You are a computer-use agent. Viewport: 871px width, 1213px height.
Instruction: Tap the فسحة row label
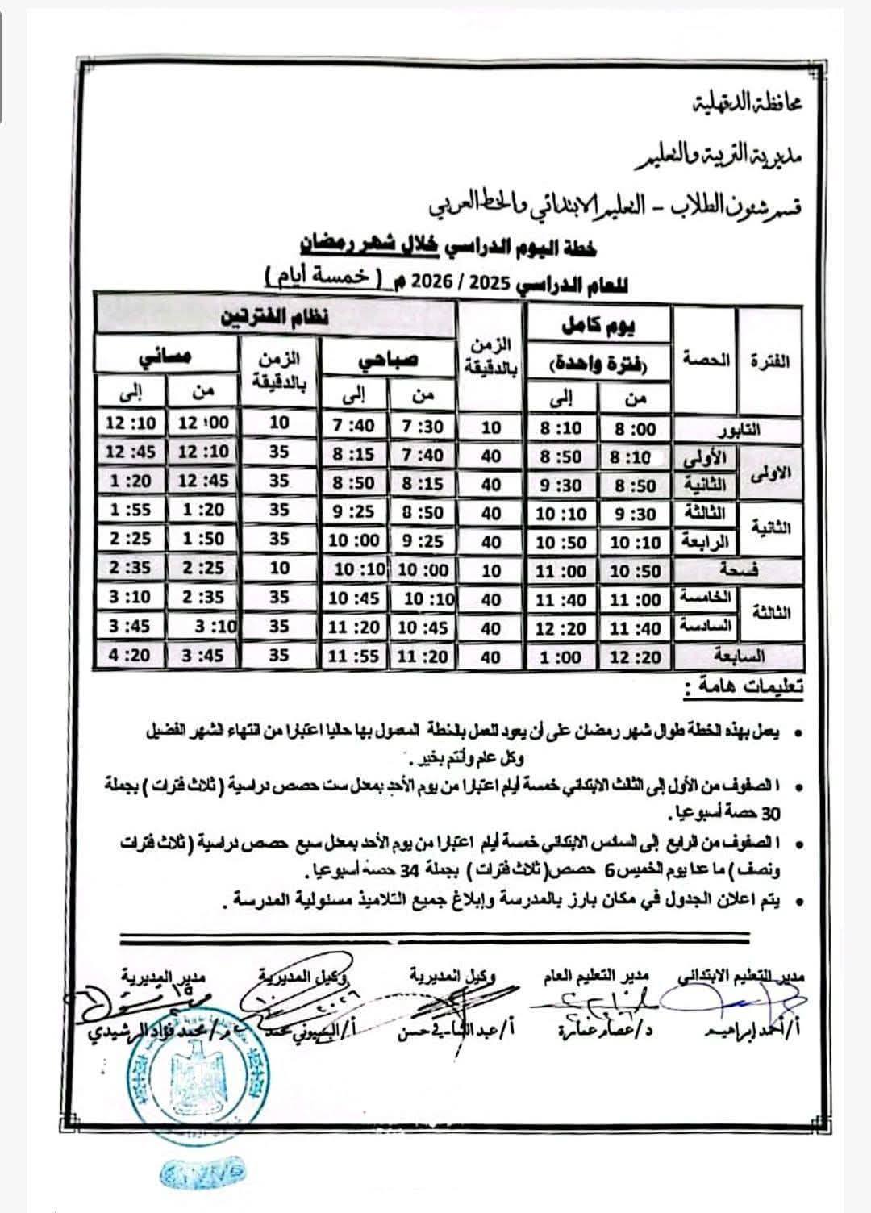click(x=736, y=571)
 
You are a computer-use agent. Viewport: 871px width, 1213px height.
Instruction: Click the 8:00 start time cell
click(x=636, y=428)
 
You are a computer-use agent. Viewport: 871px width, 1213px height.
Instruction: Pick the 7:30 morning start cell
click(x=423, y=427)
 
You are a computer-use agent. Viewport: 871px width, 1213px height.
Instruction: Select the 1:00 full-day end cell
click(x=561, y=657)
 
